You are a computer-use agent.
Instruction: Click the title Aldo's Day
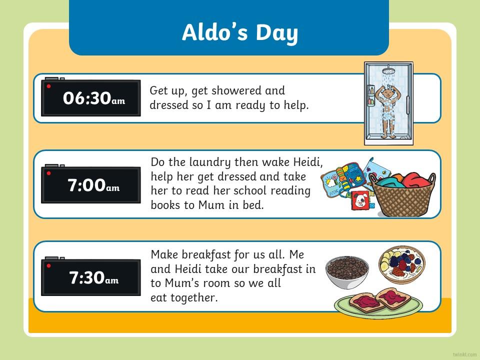(x=239, y=32)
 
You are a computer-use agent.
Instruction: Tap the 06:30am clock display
(x=91, y=97)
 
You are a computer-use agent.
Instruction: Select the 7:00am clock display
(x=91, y=184)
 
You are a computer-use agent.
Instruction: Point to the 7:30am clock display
(x=91, y=277)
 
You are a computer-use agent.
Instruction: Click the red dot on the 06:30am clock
(x=48, y=86)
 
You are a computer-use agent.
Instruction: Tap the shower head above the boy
(x=388, y=70)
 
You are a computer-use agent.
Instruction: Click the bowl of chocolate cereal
(x=347, y=272)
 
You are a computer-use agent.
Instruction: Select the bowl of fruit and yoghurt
(x=402, y=264)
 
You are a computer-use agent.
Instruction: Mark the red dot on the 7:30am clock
(x=48, y=265)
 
